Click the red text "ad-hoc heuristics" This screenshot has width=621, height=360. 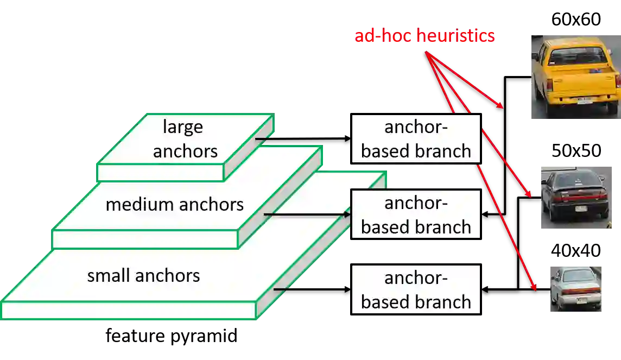(x=424, y=36)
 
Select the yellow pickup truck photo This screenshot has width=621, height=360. (x=575, y=78)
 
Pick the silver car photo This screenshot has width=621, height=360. (x=575, y=289)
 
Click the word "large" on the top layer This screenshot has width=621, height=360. (x=183, y=127)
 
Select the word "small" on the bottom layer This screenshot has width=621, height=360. (x=108, y=275)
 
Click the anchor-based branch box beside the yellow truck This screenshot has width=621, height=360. (x=416, y=139)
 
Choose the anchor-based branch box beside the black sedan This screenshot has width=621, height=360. (x=416, y=215)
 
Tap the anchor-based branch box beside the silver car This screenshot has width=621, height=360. (x=416, y=290)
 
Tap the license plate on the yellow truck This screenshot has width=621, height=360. (x=585, y=99)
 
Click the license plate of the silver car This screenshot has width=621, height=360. (x=581, y=299)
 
